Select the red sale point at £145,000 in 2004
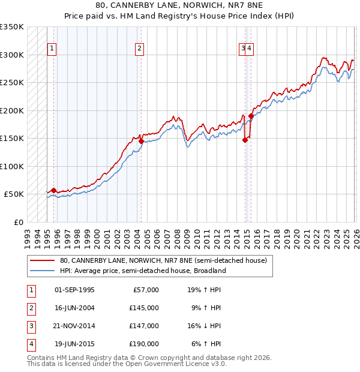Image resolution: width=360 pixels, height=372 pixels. pyautogui.click(x=141, y=141)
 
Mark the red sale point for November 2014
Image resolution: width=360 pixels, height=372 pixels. pyautogui.click(x=245, y=140)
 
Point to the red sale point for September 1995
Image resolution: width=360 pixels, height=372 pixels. pyautogui.click(x=54, y=190)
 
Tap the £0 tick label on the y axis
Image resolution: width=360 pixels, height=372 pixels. pyautogui.click(x=18, y=222)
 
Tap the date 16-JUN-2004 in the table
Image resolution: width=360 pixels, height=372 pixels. pyautogui.click(x=74, y=308)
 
